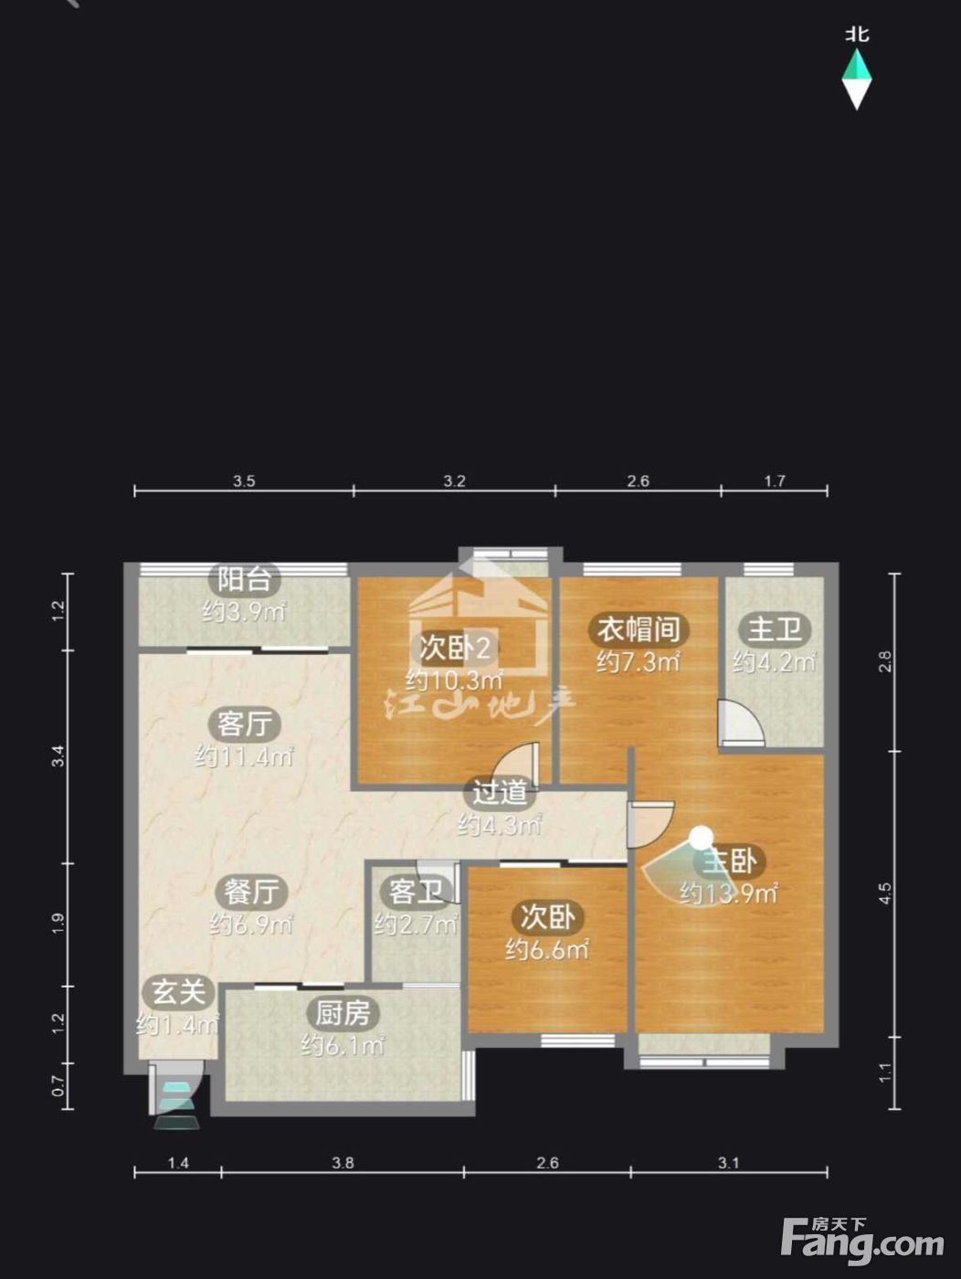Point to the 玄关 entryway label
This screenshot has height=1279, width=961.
(x=179, y=992)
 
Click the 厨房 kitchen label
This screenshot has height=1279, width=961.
(x=343, y=1013)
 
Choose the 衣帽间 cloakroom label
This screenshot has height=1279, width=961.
(x=639, y=629)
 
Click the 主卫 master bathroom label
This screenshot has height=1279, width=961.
(x=774, y=629)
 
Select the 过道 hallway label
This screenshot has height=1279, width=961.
(x=499, y=792)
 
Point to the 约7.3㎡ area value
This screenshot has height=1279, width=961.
(x=639, y=662)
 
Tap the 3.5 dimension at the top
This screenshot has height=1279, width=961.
(x=244, y=481)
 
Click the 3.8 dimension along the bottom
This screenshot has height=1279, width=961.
(x=343, y=1147)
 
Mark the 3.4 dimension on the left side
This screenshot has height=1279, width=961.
(x=58, y=756)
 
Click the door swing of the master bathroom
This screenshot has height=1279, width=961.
(x=741, y=723)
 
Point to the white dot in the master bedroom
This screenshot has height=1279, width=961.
(x=701, y=838)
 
